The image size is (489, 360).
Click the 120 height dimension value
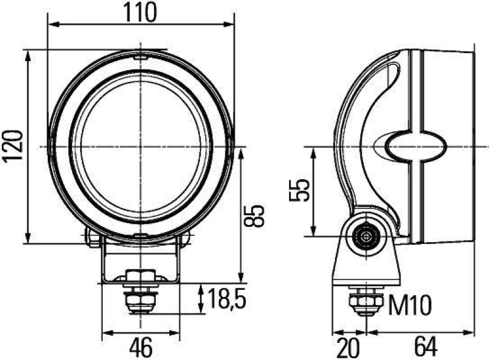pyautogui.click(x=13, y=145)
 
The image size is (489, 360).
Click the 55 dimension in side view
pyautogui.click(x=298, y=191)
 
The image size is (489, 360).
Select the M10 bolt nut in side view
pyautogui.click(x=366, y=302)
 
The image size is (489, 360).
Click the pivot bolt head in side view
pyautogui.click(x=366, y=235)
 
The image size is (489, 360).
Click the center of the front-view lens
pyautogui.click(x=141, y=146)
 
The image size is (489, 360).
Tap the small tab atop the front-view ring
pyautogui.click(x=141, y=57)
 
